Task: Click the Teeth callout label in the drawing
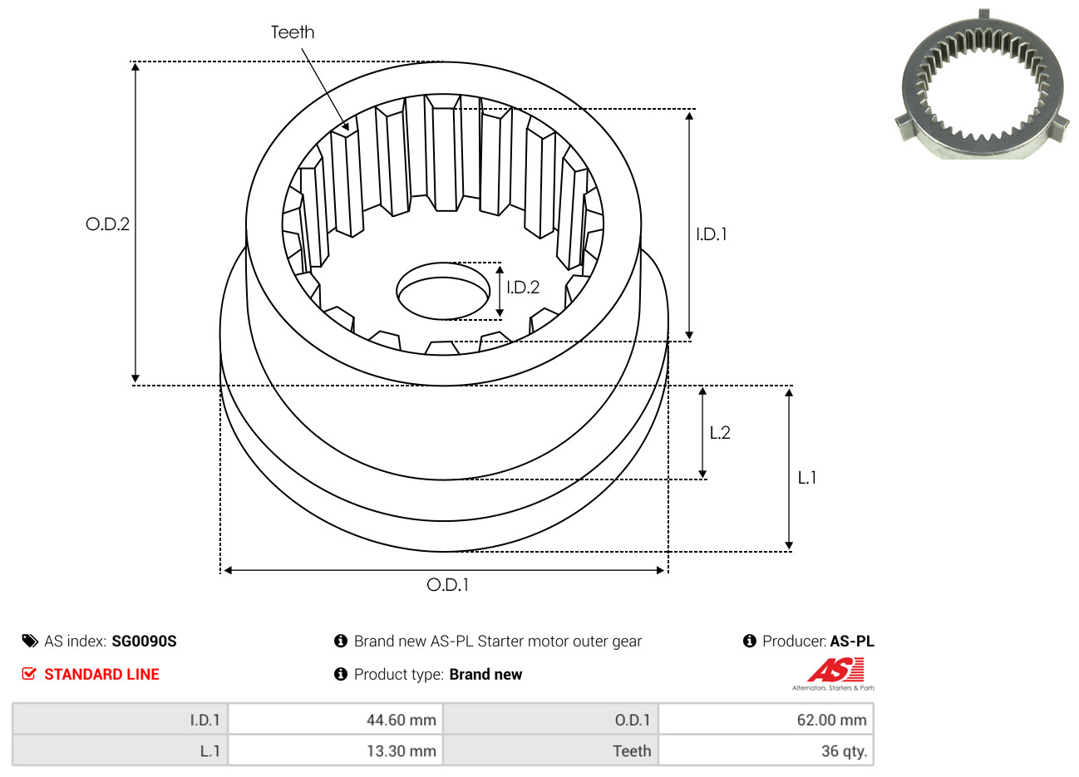[293, 32]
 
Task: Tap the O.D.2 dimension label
[107, 224]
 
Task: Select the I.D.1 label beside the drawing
[711, 234]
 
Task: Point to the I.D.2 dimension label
[523, 288]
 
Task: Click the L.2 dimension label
[720, 433]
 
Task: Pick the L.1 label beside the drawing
[807, 478]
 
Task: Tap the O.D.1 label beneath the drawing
[447, 585]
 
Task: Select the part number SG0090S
[144, 642]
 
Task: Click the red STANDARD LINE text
[101, 675]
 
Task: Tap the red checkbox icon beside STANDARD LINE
[29, 674]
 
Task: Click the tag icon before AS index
[30, 642]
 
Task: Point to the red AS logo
[835, 670]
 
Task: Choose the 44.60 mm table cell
[335, 720]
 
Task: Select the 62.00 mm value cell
[766, 720]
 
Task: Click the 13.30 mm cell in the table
[335, 750]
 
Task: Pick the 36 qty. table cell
[766, 750]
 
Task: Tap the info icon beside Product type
[341, 675]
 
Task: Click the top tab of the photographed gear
[984, 14]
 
